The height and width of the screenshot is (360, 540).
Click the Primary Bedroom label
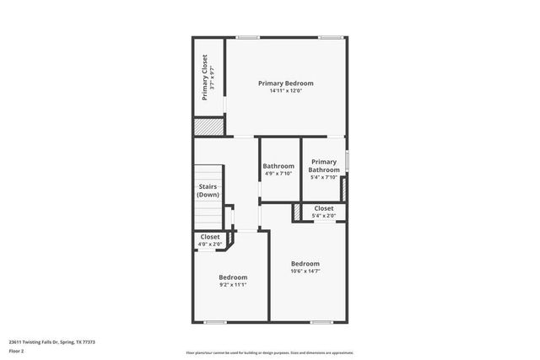pos(286,83)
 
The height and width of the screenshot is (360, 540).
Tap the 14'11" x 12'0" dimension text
pos(286,91)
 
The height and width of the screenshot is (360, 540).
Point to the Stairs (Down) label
pos(208,191)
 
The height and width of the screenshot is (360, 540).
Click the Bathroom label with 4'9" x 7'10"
pos(278,166)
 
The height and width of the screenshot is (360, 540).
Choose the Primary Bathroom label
pos(324,165)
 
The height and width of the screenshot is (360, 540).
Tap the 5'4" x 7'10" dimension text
pos(324,177)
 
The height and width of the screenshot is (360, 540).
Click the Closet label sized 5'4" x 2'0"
pos(324,208)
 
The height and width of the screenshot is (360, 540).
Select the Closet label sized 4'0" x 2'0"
pos(210,237)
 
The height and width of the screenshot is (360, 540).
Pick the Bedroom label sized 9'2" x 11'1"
pos(233,277)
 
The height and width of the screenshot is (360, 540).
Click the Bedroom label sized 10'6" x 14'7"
pos(305,263)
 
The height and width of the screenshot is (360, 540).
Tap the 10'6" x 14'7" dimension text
pos(305,271)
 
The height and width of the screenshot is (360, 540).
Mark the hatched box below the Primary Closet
pos(208,126)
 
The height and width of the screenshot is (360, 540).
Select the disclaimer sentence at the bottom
pos(270,352)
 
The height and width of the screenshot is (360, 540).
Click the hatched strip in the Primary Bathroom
pos(343,189)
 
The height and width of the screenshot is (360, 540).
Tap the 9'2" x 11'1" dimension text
pos(233,285)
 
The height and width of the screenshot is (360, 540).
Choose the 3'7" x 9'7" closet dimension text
pos(213,78)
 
